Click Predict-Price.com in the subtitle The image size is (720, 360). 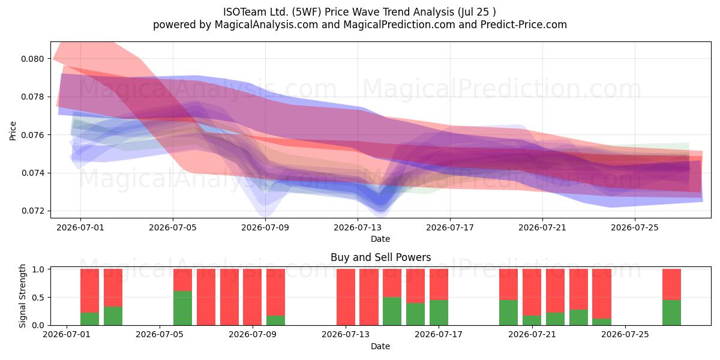pos(524,25)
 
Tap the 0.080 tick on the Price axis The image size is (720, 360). pos(32,59)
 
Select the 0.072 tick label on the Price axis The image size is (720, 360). pos(32,211)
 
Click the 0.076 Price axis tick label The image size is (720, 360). pos(32,135)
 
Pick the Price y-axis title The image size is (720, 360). pos(13,131)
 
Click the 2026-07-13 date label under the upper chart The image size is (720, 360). pos(358,228)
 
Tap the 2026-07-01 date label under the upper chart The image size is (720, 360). pos(80,228)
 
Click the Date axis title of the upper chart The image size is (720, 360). pos(380,239)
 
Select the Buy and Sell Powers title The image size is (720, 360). pos(380,257)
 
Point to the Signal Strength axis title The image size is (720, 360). pos(22,296)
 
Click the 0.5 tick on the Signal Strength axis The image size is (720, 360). pos(38,298)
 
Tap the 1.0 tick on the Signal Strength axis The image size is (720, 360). pos(38,269)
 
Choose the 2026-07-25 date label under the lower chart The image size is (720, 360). pos(625,335)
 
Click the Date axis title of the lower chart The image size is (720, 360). pos(380,347)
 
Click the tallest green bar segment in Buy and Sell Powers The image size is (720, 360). pos(182,308)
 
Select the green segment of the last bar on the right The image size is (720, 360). pos(671,313)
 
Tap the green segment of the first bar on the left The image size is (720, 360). pos(89,319)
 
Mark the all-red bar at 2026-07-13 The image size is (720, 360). pos(346,297)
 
